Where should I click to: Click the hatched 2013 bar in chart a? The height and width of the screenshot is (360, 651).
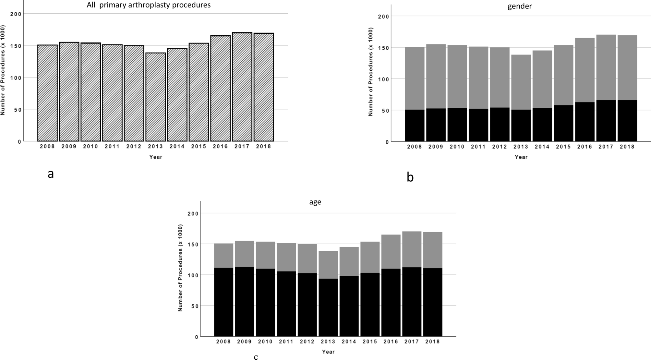155,97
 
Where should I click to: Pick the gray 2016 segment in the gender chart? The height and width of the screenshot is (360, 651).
585,70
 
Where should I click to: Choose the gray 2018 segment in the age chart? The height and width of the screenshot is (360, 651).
432,250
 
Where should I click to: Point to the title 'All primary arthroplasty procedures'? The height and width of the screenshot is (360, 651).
149,5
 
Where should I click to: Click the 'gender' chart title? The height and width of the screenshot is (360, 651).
519,6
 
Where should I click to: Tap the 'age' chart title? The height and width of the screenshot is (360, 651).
315,202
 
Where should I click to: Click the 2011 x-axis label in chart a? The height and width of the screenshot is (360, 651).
112,147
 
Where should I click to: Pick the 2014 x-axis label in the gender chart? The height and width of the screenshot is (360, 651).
542,147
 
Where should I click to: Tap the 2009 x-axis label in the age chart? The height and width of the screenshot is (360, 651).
244,342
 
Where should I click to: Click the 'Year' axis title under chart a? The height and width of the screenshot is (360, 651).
155,157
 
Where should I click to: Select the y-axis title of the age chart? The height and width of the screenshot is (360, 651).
181,268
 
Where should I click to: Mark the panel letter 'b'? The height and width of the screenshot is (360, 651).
410,177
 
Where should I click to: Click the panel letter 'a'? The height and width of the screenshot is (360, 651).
51,174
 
